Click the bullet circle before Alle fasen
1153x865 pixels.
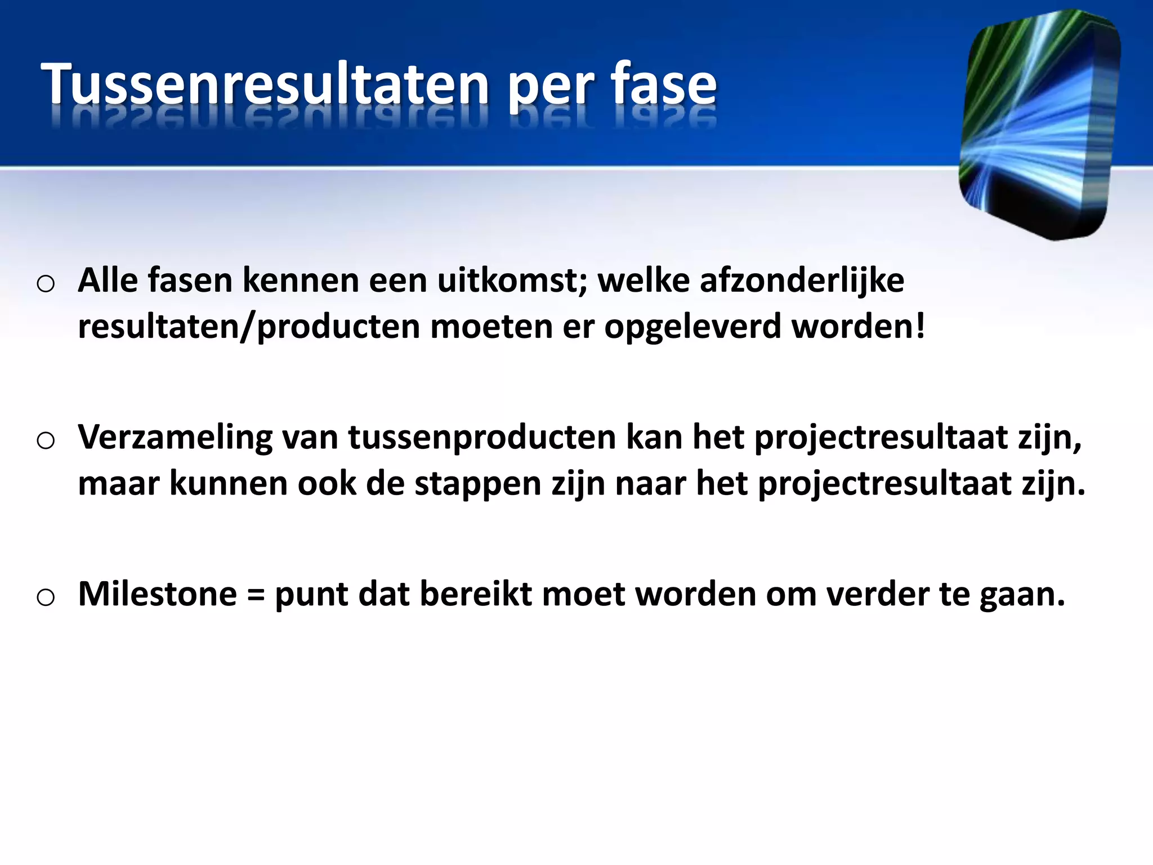click(46, 284)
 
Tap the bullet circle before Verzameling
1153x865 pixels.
click(46, 440)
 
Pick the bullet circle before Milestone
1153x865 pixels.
click(46, 597)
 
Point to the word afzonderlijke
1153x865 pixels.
click(802, 280)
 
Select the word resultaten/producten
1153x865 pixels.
click(249, 327)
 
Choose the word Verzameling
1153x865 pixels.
click(175, 438)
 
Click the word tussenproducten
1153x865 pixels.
click(482, 438)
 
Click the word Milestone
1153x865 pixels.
click(158, 594)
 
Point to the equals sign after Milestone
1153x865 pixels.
click(256, 595)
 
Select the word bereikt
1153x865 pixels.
click(476, 594)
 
